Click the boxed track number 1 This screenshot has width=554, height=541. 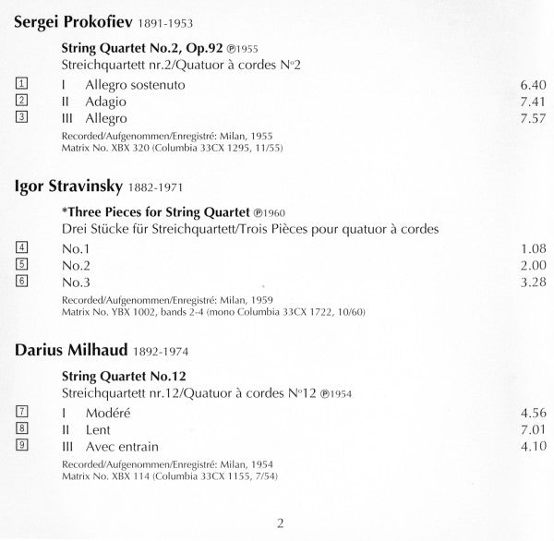tap(22, 83)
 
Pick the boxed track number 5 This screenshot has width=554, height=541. tap(22, 264)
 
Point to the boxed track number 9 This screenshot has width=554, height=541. tap(22, 446)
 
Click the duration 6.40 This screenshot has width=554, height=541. tap(534, 85)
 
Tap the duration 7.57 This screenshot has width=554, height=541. tap(534, 119)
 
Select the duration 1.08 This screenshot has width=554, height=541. tap(534, 248)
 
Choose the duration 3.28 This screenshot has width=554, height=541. tap(534, 283)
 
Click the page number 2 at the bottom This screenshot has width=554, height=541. tap(279, 524)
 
